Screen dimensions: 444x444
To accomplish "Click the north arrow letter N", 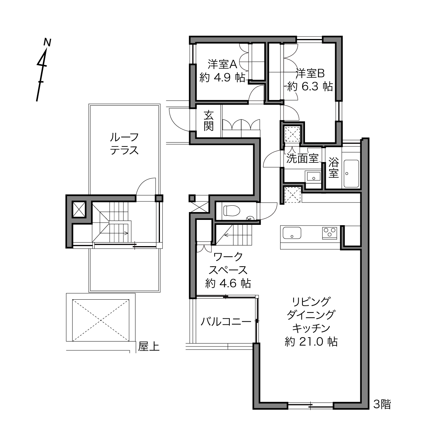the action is pos(47,43).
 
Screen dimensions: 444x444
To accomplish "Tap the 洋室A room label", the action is pos(222,64).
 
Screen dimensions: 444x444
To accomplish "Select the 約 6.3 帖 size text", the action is pos(310,87).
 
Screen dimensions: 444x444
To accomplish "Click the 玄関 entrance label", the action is pos(209,121).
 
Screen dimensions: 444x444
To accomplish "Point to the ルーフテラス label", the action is pos(124,144).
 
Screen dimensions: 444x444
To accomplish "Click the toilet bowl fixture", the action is pos(232,210).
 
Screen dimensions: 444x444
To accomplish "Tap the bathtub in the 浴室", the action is pos(351,173).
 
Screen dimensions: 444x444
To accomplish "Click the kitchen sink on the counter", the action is pos(292,233).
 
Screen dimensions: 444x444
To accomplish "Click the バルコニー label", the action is pos(226,321).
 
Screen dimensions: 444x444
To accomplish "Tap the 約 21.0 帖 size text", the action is pos(311,342).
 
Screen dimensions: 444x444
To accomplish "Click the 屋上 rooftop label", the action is pos(149,346).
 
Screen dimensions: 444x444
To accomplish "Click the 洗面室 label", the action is pos(302,158).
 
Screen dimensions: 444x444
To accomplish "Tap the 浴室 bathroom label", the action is pos(333,167).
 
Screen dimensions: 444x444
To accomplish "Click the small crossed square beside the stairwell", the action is pos(79,209).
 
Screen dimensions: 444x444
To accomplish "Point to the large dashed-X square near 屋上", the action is pos(101,320).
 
